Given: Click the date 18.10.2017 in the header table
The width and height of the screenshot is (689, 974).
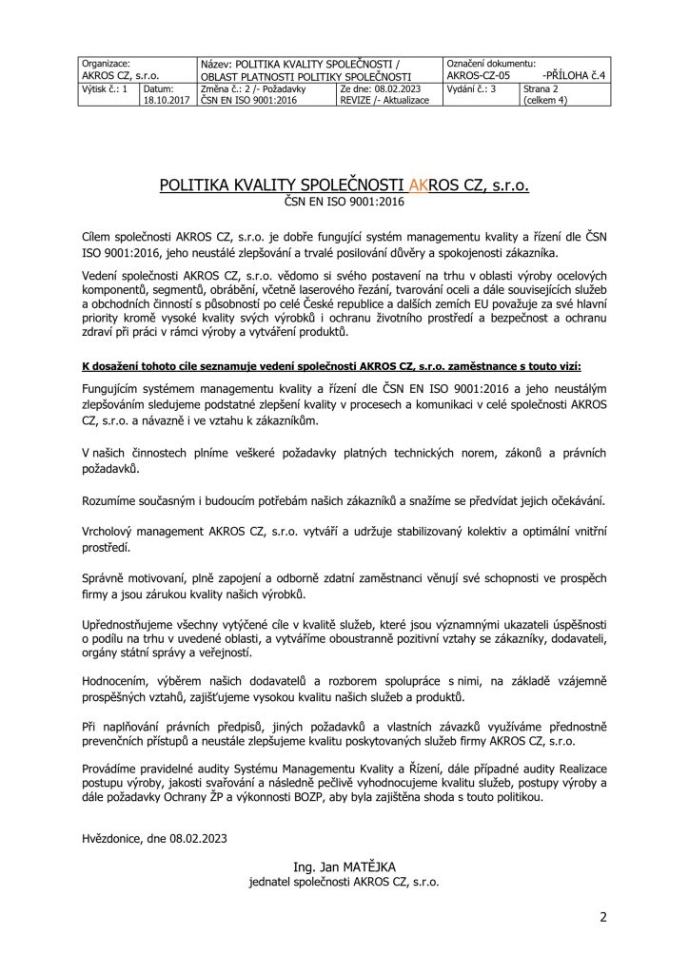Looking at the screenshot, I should click(166, 99).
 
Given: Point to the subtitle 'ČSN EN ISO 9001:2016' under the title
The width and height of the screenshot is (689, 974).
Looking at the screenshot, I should click(344, 202).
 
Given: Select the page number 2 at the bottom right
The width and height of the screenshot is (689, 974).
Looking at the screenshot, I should click(602, 918).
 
